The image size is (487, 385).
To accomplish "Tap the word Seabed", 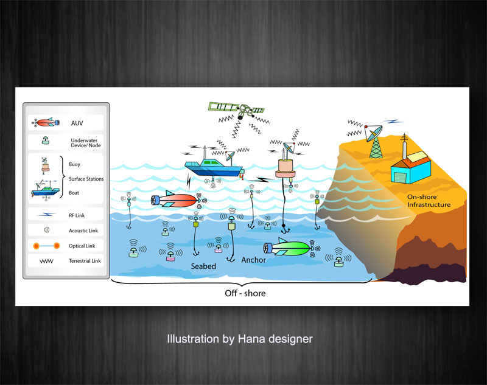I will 203,266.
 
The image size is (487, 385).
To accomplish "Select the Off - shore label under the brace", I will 242,293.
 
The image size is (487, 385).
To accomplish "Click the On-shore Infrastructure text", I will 429,201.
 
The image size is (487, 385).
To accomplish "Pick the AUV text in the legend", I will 77,123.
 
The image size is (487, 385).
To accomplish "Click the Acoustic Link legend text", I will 83,231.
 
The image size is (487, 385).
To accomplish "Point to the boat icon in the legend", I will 45,191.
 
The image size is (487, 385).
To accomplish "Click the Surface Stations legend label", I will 86,179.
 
